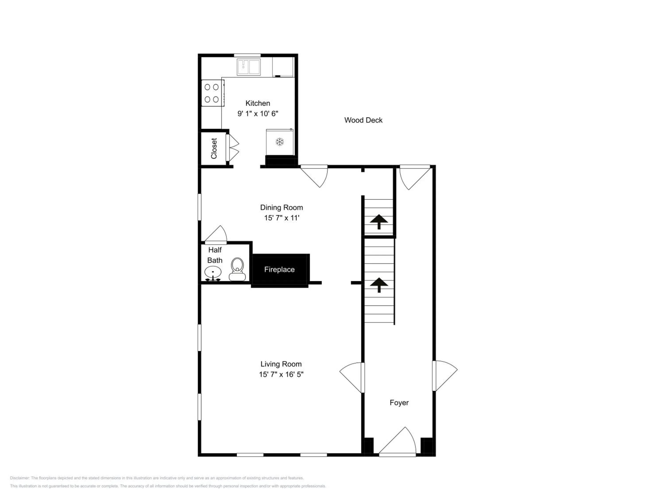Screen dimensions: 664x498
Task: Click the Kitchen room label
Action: pos(258,103)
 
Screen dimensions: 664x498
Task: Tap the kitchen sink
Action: pos(249,67)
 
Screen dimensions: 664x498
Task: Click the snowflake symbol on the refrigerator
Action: pos(280,142)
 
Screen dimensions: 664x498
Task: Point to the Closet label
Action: pos(214,148)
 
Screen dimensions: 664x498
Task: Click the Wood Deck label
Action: pos(363,120)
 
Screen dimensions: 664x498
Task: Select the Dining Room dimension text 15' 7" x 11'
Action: pos(282,218)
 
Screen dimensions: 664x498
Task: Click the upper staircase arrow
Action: pos(379,222)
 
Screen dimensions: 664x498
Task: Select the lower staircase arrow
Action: pos(379,285)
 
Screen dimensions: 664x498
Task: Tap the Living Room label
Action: pos(281,364)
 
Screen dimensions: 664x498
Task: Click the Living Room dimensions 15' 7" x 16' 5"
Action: pos(281,374)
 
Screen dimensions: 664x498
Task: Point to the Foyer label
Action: pos(399,403)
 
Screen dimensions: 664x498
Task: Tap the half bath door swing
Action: pos(216,234)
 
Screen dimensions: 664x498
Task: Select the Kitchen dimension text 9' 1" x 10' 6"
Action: pos(258,114)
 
